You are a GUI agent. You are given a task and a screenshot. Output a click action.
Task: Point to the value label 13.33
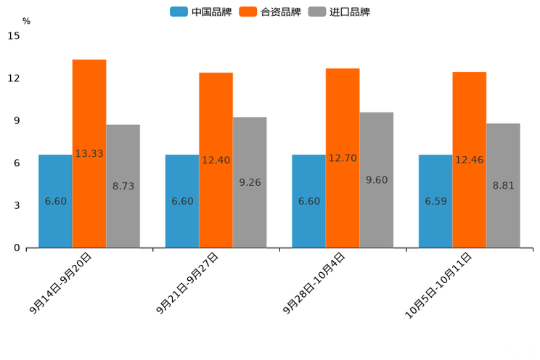[89, 154]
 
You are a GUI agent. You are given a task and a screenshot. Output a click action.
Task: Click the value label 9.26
[250, 183]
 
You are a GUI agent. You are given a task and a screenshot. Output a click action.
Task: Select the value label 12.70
[343, 158]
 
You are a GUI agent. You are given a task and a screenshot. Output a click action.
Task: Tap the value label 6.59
[435, 201]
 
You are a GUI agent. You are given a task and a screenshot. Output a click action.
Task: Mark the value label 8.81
[503, 186]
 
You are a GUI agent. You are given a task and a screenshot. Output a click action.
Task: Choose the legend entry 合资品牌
[280, 12]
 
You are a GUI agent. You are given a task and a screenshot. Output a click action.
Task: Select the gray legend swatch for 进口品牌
[316, 12]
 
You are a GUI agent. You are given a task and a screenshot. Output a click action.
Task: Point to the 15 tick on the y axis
[15, 36]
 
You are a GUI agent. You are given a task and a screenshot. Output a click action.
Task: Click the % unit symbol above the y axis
[26, 21]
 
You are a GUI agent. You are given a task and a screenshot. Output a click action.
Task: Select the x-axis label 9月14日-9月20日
[62, 283]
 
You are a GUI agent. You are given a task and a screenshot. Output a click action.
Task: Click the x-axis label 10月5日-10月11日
[438, 285]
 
